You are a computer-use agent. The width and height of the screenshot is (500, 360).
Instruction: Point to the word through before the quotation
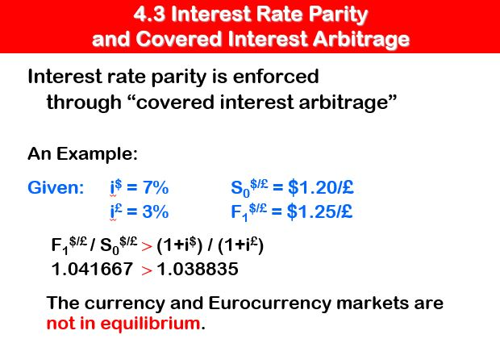click(84, 103)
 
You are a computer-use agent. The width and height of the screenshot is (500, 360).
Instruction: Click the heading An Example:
click(83, 153)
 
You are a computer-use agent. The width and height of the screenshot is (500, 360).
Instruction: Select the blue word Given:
click(56, 189)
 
